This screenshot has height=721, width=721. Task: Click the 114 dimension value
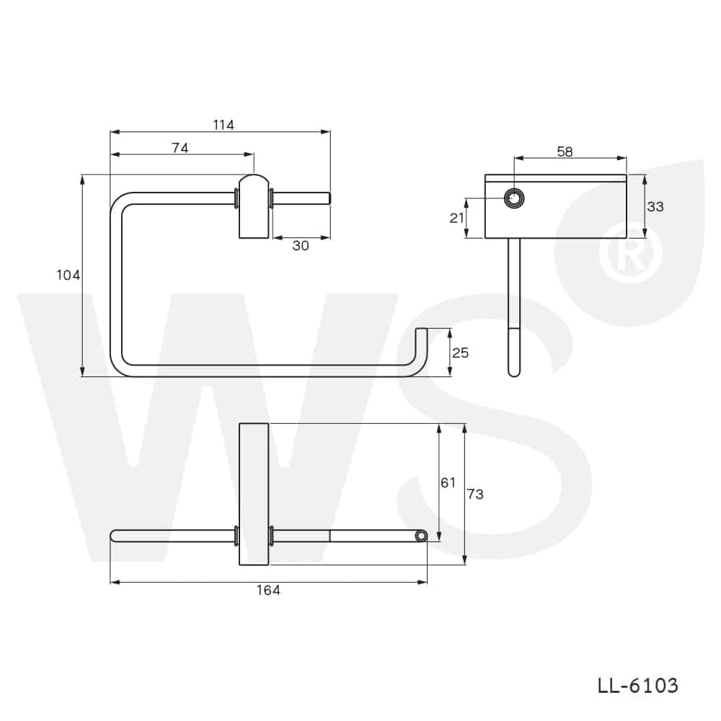pos(224,125)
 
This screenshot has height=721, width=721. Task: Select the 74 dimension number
pos(180,148)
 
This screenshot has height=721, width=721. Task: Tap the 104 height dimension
pos(68,275)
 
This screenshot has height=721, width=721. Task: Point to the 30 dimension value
pos(301,245)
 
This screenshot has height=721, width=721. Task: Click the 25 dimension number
pos(460,353)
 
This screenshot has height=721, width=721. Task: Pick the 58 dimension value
pos(565,151)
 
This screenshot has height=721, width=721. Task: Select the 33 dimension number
pos(655,206)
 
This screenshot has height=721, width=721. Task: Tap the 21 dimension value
pos(457,218)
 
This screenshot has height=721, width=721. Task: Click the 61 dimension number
pos(448,482)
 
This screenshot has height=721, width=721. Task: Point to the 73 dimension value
pos(475,494)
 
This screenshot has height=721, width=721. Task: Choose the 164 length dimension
pos(268,590)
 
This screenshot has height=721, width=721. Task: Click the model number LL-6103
pos(637,685)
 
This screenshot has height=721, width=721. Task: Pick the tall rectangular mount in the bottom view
pos(254,495)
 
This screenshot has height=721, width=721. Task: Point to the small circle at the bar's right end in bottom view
pos(420,536)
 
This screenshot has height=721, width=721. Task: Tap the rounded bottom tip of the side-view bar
pos(513,371)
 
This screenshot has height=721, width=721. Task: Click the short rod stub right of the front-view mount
pos(301,198)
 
